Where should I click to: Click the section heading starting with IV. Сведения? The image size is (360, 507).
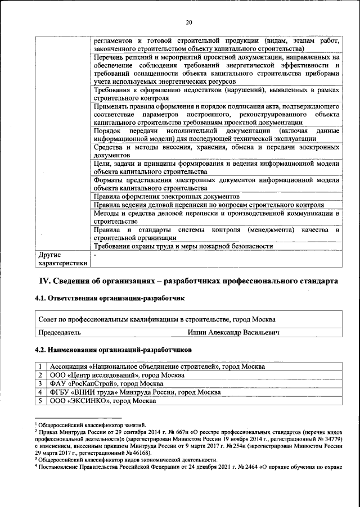pos(188,280)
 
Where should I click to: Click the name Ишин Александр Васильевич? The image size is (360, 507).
pos(234,332)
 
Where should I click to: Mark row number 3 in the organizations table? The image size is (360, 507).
pos(40,383)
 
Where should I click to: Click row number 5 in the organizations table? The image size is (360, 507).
pos(40,401)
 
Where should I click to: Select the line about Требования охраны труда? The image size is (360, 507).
pos(183,246)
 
